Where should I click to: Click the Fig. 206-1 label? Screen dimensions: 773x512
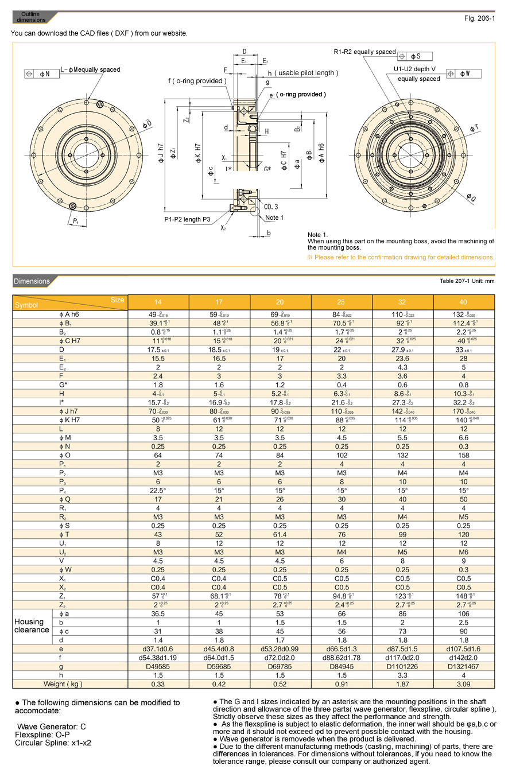(x=479, y=18)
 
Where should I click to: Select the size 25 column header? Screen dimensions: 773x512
(x=342, y=301)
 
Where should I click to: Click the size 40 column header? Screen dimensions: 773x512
(x=464, y=301)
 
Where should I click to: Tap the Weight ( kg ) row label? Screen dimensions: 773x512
(x=63, y=683)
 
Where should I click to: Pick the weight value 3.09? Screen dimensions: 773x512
(x=464, y=683)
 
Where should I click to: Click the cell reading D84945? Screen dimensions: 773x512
(x=342, y=667)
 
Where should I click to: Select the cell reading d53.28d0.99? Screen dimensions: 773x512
(x=281, y=648)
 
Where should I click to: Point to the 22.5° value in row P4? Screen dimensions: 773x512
(x=158, y=490)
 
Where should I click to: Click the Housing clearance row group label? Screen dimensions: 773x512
(x=32, y=626)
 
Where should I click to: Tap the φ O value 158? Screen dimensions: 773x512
(x=464, y=455)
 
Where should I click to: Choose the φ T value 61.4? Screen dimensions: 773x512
(x=281, y=534)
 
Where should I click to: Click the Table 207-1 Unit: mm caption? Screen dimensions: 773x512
(x=467, y=281)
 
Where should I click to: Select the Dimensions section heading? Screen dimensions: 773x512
(x=32, y=281)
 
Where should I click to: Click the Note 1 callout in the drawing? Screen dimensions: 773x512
(x=274, y=218)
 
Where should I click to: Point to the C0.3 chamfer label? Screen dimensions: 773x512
(x=271, y=207)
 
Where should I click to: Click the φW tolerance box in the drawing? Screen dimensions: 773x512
(x=464, y=74)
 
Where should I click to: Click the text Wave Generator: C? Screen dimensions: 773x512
(x=51, y=727)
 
